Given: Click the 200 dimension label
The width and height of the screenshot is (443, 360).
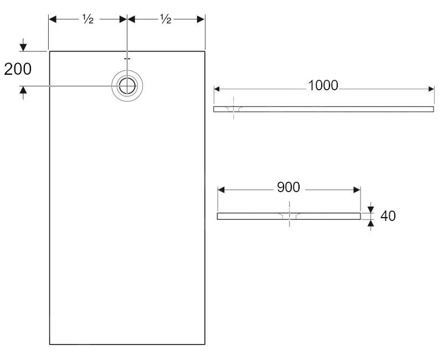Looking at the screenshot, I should click(x=18, y=69).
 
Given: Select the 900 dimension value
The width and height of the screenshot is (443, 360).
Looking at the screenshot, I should click(x=289, y=187).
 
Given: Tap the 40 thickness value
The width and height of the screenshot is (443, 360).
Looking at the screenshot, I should click(x=388, y=216).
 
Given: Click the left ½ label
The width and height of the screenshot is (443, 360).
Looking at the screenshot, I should click(x=87, y=19).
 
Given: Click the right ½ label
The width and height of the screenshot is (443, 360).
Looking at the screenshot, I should click(x=166, y=19).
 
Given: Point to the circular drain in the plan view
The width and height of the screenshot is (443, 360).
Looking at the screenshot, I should click(x=127, y=86).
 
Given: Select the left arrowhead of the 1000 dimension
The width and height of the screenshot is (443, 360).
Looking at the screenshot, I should click(x=218, y=89).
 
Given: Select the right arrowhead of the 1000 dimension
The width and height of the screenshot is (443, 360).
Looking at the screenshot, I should click(x=430, y=89).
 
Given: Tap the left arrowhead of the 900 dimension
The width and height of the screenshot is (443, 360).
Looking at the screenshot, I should click(x=221, y=190).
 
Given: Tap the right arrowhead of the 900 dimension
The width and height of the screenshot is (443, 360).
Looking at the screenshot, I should click(x=357, y=190).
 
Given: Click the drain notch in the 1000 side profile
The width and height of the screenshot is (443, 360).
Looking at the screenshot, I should click(x=234, y=109).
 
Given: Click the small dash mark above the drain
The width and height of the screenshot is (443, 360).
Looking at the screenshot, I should click(x=127, y=58).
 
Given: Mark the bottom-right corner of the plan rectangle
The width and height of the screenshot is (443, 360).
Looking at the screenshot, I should click(x=205, y=344).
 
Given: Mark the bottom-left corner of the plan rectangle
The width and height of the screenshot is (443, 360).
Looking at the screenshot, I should click(x=50, y=344).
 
